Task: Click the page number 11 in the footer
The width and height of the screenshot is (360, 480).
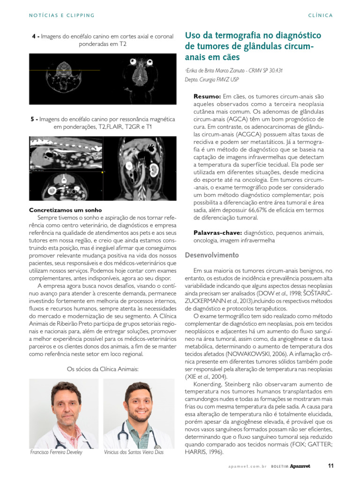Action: pyautogui.click(x=330, y=466)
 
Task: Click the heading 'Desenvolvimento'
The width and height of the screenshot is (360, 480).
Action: pyautogui.click(x=212, y=255)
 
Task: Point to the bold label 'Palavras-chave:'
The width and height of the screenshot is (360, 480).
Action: pyautogui.click(x=217, y=232)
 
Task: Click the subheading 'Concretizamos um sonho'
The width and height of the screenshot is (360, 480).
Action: pyautogui.click(x=66, y=210)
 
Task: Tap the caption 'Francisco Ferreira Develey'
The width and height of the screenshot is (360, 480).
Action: pyautogui.click(x=56, y=452)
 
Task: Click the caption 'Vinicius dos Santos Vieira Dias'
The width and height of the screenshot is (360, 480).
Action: pyautogui.click(x=134, y=452)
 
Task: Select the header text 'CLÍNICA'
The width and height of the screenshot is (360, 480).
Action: pyautogui.click(x=321, y=15)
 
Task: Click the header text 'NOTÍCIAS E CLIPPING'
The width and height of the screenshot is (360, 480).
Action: pyautogui.click(x=62, y=15)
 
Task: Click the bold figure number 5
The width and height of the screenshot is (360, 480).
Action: pyautogui.click(x=32, y=120)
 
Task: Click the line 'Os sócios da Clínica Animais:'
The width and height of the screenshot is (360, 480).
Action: pyautogui.click(x=103, y=369)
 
